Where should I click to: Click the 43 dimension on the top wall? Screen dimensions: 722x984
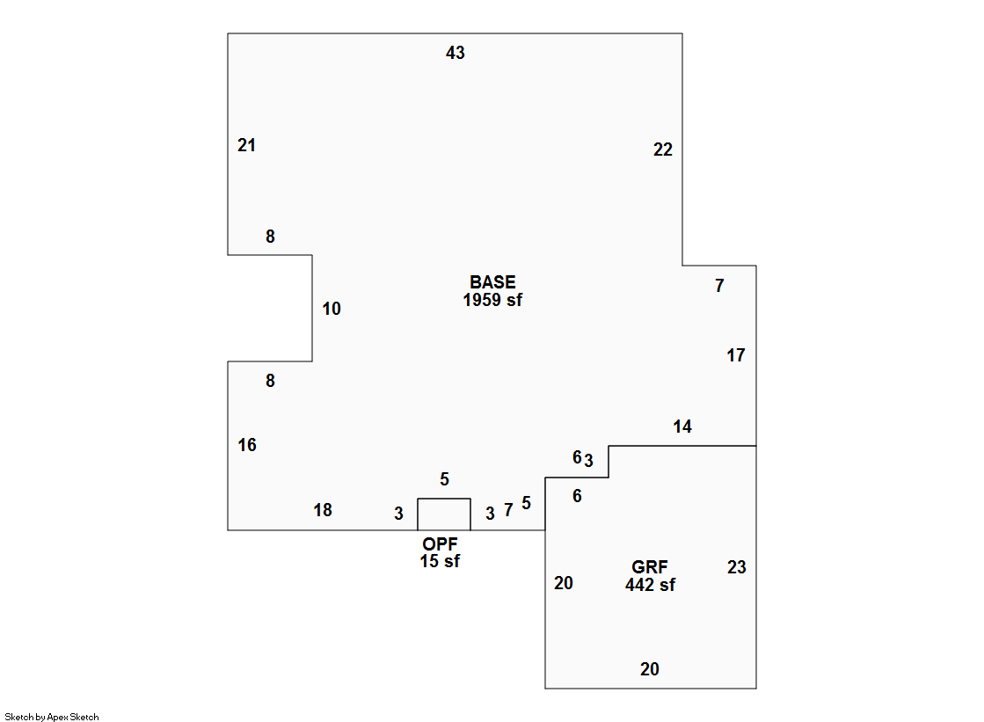[x=455, y=54]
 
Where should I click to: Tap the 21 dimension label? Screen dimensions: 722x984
[x=246, y=146]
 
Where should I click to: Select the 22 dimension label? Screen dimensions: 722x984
[x=662, y=150]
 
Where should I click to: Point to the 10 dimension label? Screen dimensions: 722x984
[x=332, y=310]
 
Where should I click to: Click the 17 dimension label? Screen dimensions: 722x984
[x=735, y=356]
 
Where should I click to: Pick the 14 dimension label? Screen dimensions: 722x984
[x=682, y=427]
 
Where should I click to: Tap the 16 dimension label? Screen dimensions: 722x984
[x=247, y=446]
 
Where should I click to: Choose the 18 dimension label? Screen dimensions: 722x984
[x=323, y=511]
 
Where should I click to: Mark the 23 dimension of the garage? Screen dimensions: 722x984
[x=736, y=568]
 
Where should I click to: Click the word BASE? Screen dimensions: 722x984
[x=492, y=283]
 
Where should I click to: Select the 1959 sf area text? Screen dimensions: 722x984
[x=492, y=300]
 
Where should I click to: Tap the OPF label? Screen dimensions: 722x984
[x=440, y=545]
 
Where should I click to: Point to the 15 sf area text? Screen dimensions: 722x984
[x=440, y=562]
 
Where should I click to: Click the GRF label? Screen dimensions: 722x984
[x=650, y=568]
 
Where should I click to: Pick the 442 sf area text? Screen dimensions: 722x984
[x=650, y=585]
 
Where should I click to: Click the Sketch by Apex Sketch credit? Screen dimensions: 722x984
[x=52, y=718]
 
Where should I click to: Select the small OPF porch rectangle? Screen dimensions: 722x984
[x=443, y=514]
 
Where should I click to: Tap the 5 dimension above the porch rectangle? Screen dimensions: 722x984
[x=444, y=479]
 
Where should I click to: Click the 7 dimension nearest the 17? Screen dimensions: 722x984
[x=719, y=286]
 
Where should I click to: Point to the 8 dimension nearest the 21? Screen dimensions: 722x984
[x=270, y=237]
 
